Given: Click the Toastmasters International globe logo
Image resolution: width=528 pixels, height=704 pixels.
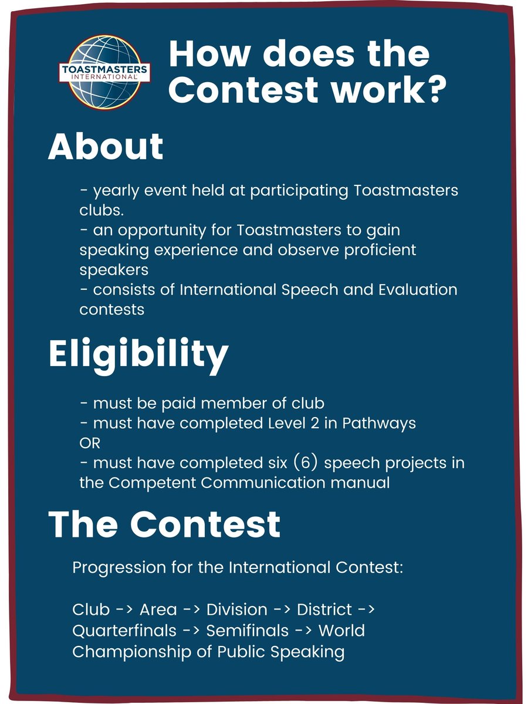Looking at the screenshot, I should [x=106, y=70].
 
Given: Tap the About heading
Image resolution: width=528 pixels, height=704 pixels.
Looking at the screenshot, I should [x=106, y=147].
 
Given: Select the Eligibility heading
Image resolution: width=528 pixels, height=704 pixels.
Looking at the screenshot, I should [x=138, y=354].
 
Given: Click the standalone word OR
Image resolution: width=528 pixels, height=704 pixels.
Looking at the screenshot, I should [x=90, y=443].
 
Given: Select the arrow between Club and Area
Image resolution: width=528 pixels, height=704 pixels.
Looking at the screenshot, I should [x=124, y=610].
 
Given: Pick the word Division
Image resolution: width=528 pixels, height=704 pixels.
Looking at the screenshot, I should [x=237, y=610].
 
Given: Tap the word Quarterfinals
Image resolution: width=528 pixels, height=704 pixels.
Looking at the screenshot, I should [x=124, y=631].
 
